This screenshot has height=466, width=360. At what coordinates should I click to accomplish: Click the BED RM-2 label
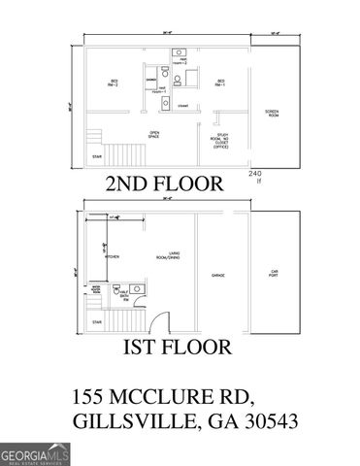(113, 83)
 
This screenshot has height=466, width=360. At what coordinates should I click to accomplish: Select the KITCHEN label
(113, 256)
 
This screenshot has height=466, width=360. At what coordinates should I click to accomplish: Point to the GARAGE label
(219, 276)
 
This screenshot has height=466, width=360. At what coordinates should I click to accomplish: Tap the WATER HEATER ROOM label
(96, 289)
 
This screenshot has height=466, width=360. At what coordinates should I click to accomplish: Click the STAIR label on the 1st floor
(95, 320)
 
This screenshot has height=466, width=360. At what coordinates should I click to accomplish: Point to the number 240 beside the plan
(256, 173)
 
